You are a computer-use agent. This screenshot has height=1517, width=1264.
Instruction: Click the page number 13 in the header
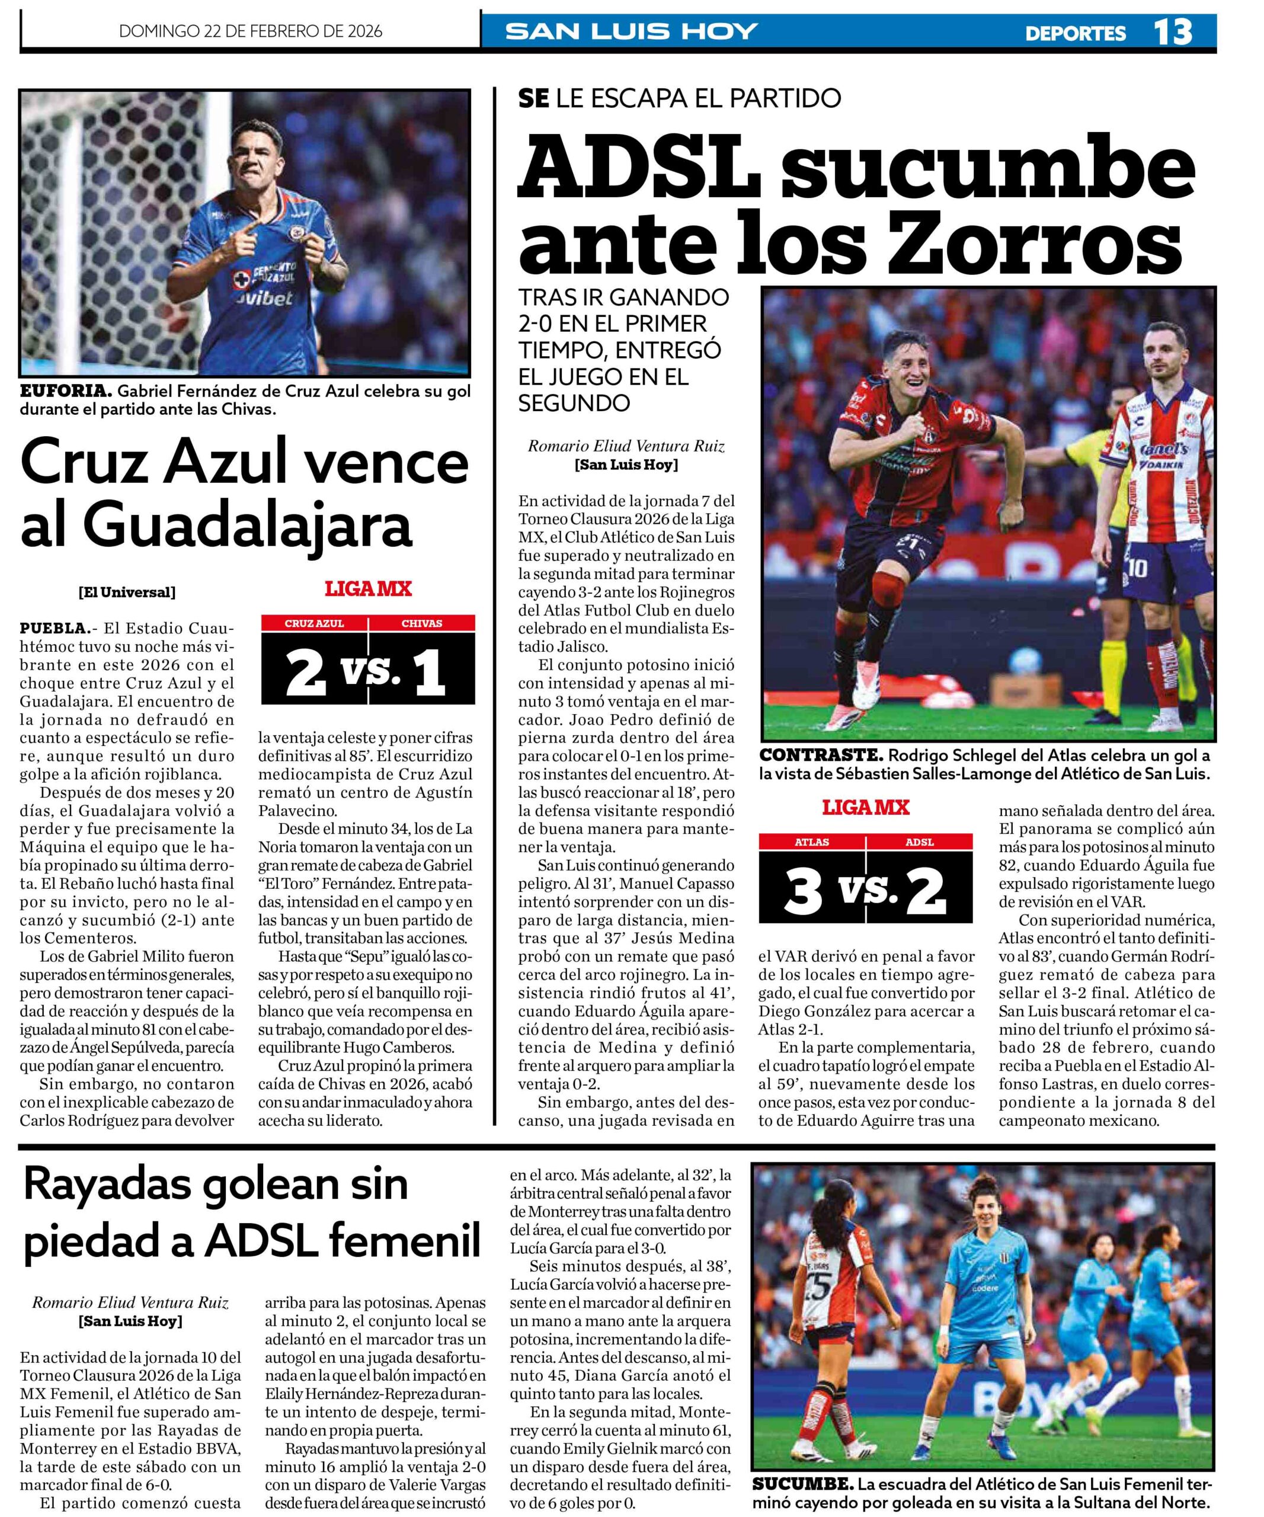click(x=1172, y=32)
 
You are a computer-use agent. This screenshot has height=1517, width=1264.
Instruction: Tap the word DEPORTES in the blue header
click(x=1075, y=33)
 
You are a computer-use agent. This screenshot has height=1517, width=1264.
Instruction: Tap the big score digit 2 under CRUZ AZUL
click(x=306, y=673)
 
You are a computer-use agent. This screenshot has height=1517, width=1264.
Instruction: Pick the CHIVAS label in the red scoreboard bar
click(x=422, y=623)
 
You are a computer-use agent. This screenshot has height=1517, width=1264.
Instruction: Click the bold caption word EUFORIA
click(x=65, y=392)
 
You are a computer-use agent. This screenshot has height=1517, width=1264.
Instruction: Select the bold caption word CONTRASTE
click(x=821, y=756)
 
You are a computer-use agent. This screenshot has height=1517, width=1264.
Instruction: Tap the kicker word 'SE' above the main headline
click(x=534, y=98)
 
